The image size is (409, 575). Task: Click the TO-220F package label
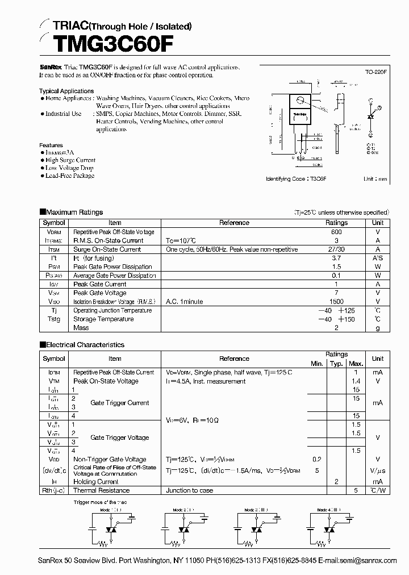pos(375,73)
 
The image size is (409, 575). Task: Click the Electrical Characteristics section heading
pos(85,345)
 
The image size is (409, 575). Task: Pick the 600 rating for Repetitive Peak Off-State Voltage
pos(336,232)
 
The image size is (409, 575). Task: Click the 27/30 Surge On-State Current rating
pos(336,249)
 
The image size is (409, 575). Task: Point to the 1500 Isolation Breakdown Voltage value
pos(336,302)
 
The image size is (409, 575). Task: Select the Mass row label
pos(81,328)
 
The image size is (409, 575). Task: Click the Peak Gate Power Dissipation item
pos(112,266)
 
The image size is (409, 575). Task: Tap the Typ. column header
pos(336,364)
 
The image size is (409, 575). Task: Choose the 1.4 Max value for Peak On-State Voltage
pos(356,381)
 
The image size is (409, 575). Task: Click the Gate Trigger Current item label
pos(119,403)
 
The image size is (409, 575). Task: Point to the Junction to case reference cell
pos(190,490)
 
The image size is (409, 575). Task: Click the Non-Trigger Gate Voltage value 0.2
pos(316,459)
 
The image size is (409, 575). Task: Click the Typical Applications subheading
pos(66,91)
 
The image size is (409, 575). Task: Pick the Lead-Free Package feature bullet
pos(69,176)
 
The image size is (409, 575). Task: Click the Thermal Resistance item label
pos(101,490)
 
